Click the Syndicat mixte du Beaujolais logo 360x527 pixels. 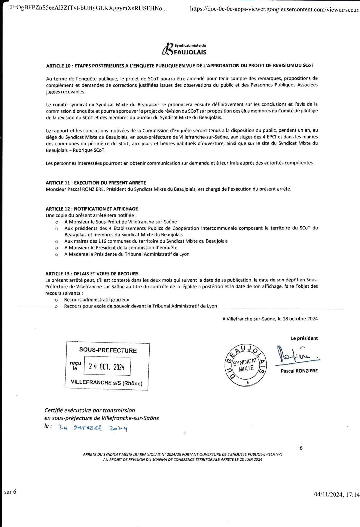click(184, 49)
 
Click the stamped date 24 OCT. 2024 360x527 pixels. click(107, 367)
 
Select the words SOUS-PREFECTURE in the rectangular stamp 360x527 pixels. click(108, 350)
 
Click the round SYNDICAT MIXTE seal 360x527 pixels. click(246, 365)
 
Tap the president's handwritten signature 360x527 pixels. click(296, 355)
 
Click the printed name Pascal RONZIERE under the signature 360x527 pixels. click(299, 371)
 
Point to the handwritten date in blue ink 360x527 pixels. click(93, 428)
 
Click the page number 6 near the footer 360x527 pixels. click(301, 448)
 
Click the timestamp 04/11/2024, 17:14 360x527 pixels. click(337, 495)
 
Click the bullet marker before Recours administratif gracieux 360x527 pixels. click(56, 300)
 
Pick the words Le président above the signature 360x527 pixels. click(304, 338)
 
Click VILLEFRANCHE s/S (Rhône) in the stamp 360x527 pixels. click(106, 383)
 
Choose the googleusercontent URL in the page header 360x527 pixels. click(275, 9)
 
